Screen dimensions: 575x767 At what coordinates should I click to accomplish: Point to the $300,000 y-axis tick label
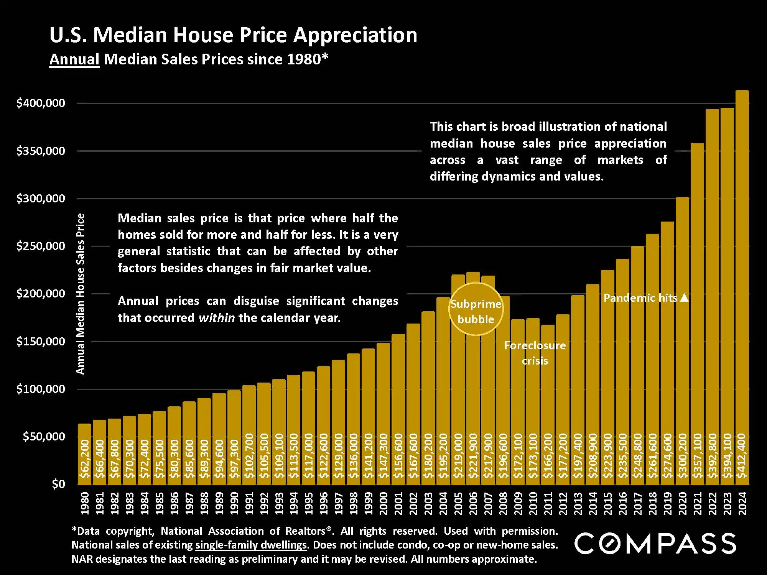[41, 199]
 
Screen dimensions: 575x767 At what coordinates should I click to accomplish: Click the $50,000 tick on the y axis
[44, 437]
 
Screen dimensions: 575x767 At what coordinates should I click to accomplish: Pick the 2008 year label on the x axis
[503, 503]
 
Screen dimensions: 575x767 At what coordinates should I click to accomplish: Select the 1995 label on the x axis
[308, 503]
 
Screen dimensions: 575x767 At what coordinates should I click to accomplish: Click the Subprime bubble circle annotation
[476, 309]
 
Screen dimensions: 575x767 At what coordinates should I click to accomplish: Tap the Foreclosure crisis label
[535, 353]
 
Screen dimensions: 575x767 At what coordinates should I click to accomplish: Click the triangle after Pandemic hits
[685, 298]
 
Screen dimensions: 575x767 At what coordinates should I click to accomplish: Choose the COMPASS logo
[655, 543]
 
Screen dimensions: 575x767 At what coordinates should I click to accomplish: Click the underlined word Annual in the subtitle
[74, 59]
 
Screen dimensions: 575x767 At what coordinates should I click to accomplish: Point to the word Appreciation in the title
[355, 35]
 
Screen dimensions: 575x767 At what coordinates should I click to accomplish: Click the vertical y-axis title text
[80, 294]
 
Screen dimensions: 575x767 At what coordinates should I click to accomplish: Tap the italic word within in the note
[217, 318]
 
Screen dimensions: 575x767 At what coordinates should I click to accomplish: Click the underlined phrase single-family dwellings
[251, 545]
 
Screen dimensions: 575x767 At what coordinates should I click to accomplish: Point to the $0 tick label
[58, 484]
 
